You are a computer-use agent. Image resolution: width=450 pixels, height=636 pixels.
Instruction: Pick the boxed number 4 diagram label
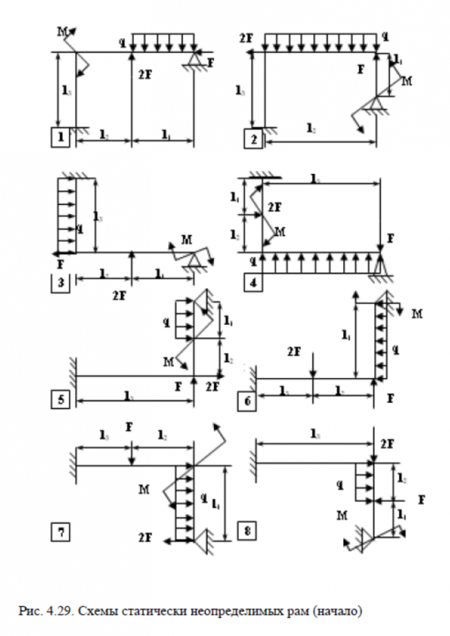[x=253, y=282]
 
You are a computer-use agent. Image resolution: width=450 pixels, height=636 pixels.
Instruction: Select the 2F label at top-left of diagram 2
[x=246, y=38]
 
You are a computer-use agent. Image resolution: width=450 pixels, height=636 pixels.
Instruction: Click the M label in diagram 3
[x=186, y=240]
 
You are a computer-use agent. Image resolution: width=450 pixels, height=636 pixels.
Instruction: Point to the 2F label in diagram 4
[x=274, y=207]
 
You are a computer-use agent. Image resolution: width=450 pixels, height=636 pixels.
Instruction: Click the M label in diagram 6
[x=418, y=313]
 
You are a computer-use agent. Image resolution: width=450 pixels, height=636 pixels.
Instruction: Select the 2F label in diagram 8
[x=388, y=443]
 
